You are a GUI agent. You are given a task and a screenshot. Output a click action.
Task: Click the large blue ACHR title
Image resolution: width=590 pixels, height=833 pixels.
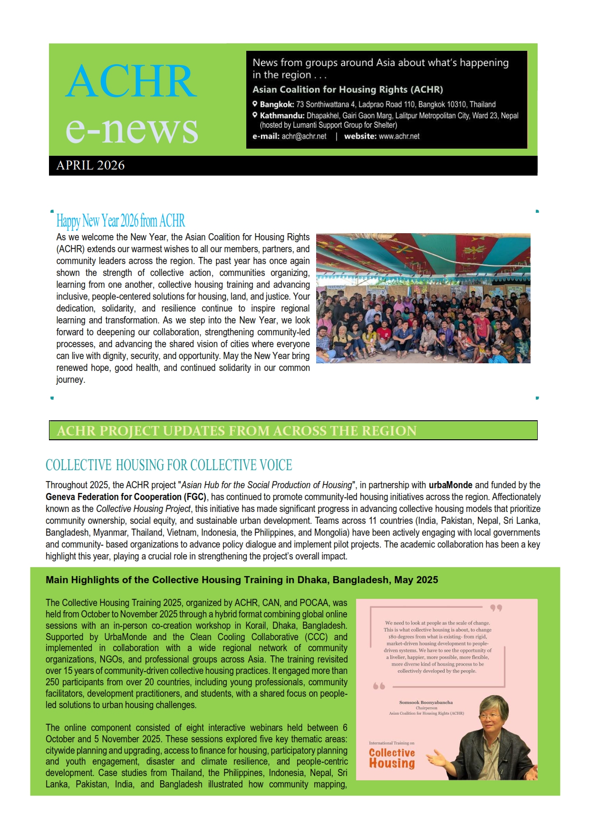pyautogui.click(x=131, y=81)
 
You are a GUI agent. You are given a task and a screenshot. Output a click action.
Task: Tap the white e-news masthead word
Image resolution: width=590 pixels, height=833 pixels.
pyautogui.click(x=132, y=129)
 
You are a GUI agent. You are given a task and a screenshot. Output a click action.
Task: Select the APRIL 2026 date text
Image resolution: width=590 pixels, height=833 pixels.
pyautogui.click(x=90, y=165)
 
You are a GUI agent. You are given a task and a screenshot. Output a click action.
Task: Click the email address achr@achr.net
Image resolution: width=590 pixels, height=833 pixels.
pyautogui.click(x=304, y=136)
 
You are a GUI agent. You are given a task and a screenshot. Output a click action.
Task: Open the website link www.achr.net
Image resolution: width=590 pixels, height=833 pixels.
pyautogui.click(x=399, y=136)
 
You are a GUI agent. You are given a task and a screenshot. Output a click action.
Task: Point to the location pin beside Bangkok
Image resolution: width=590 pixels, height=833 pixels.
pyautogui.click(x=255, y=104)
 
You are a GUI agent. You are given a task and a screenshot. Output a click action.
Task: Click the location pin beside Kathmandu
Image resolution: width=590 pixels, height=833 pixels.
pyautogui.click(x=255, y=115)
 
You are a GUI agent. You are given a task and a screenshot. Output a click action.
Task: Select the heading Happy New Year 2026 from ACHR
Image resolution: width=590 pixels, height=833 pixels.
pyautogui.click(x=120, y=221)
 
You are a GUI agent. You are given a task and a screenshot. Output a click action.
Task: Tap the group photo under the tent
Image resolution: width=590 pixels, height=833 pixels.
pyautogui.click(x=423, y=298)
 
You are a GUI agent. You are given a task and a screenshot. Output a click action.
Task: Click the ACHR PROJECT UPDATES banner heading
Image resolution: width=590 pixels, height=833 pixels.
pyautogui.click(x=236, y=431)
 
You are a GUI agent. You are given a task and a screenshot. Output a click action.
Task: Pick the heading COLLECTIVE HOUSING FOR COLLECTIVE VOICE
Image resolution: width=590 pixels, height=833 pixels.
pyautogui.click(x=169, y=465)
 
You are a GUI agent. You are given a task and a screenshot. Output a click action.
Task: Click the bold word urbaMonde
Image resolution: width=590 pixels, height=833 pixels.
pyautogui.click(x=450, y=485)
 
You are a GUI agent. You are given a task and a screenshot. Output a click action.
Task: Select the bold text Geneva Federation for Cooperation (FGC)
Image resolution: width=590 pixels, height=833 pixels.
pyautogui.click(x=126, y=497)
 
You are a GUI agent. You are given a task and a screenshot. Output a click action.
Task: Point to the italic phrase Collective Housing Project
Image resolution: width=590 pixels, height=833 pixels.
pyautogui.click(x=143, y=509)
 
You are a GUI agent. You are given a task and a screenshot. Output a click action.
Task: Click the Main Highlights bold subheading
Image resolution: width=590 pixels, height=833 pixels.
pyautogui.click(x=242, y=580)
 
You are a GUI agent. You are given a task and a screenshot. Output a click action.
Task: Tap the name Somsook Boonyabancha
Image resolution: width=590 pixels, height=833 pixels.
pyautogui.click(x=426, y=702)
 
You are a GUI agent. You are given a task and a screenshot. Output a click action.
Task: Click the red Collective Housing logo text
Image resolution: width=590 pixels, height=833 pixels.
pyautogui.click(x=392, y=758)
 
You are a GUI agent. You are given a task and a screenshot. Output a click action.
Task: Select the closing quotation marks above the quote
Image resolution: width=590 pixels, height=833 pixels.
pyautogui.click(x=496, y=608)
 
